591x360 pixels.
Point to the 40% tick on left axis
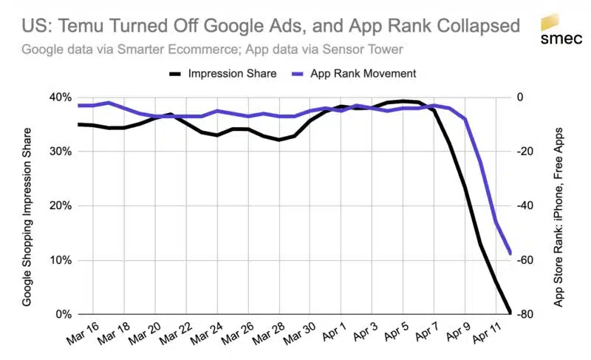click(x=61, y=98)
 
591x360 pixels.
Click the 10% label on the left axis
click(x=61, y=260)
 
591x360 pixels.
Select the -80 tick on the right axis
click(x=525, y=315)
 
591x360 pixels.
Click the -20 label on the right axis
click(x=525, y=152)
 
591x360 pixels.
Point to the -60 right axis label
click(x=525, y=260)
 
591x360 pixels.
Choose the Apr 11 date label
click(x=491, y=335)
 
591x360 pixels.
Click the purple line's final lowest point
click(x=510, y=254)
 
